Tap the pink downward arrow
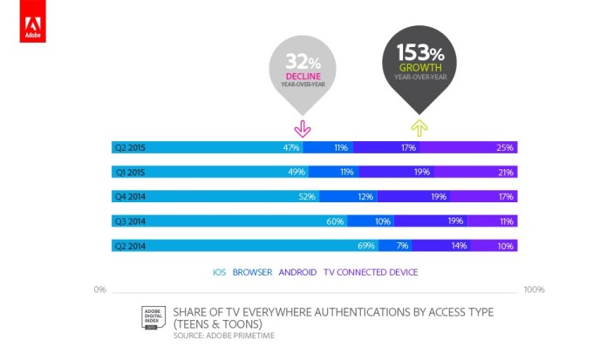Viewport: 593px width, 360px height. [302, 128]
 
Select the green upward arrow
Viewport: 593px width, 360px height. [419, 128]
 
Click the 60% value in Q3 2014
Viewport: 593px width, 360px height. [335, 221]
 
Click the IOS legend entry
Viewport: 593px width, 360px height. [219, 272]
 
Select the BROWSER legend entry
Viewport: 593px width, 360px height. [253, 272]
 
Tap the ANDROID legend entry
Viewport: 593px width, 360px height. [298, 272]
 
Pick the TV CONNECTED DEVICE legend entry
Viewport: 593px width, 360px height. [371, 272]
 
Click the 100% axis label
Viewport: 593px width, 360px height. [534, 289]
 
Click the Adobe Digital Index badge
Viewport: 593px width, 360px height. [153, 318]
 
